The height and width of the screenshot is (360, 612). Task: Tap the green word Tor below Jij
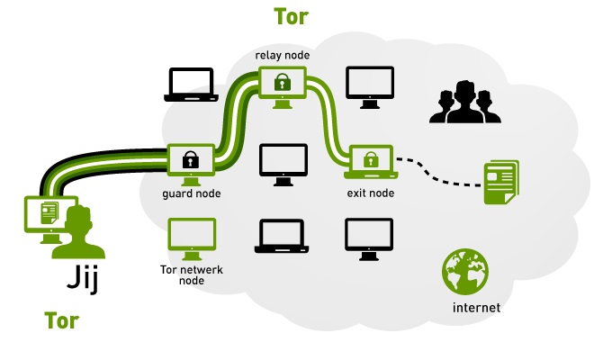click(x=61, y=320)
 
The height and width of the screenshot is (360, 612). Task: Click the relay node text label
click(x=282, y=56)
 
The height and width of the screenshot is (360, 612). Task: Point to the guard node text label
click(x=191, y=193)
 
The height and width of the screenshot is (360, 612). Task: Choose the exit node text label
click(x=370, y=193)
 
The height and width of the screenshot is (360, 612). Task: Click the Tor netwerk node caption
click(x=191, y=274)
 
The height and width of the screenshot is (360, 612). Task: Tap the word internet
click(x=474, y=309)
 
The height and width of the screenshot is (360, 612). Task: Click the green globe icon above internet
click(x=465, y=271)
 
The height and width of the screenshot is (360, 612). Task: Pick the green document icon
click(x=501, y=181)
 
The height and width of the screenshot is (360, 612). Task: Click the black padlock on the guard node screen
click(x=190, y=161)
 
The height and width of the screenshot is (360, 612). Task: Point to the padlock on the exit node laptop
click(x=370, y=160)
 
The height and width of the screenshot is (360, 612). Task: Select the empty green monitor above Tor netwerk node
click(x=191, y=236)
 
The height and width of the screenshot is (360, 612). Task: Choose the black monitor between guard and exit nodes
click(x=282, y=161)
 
